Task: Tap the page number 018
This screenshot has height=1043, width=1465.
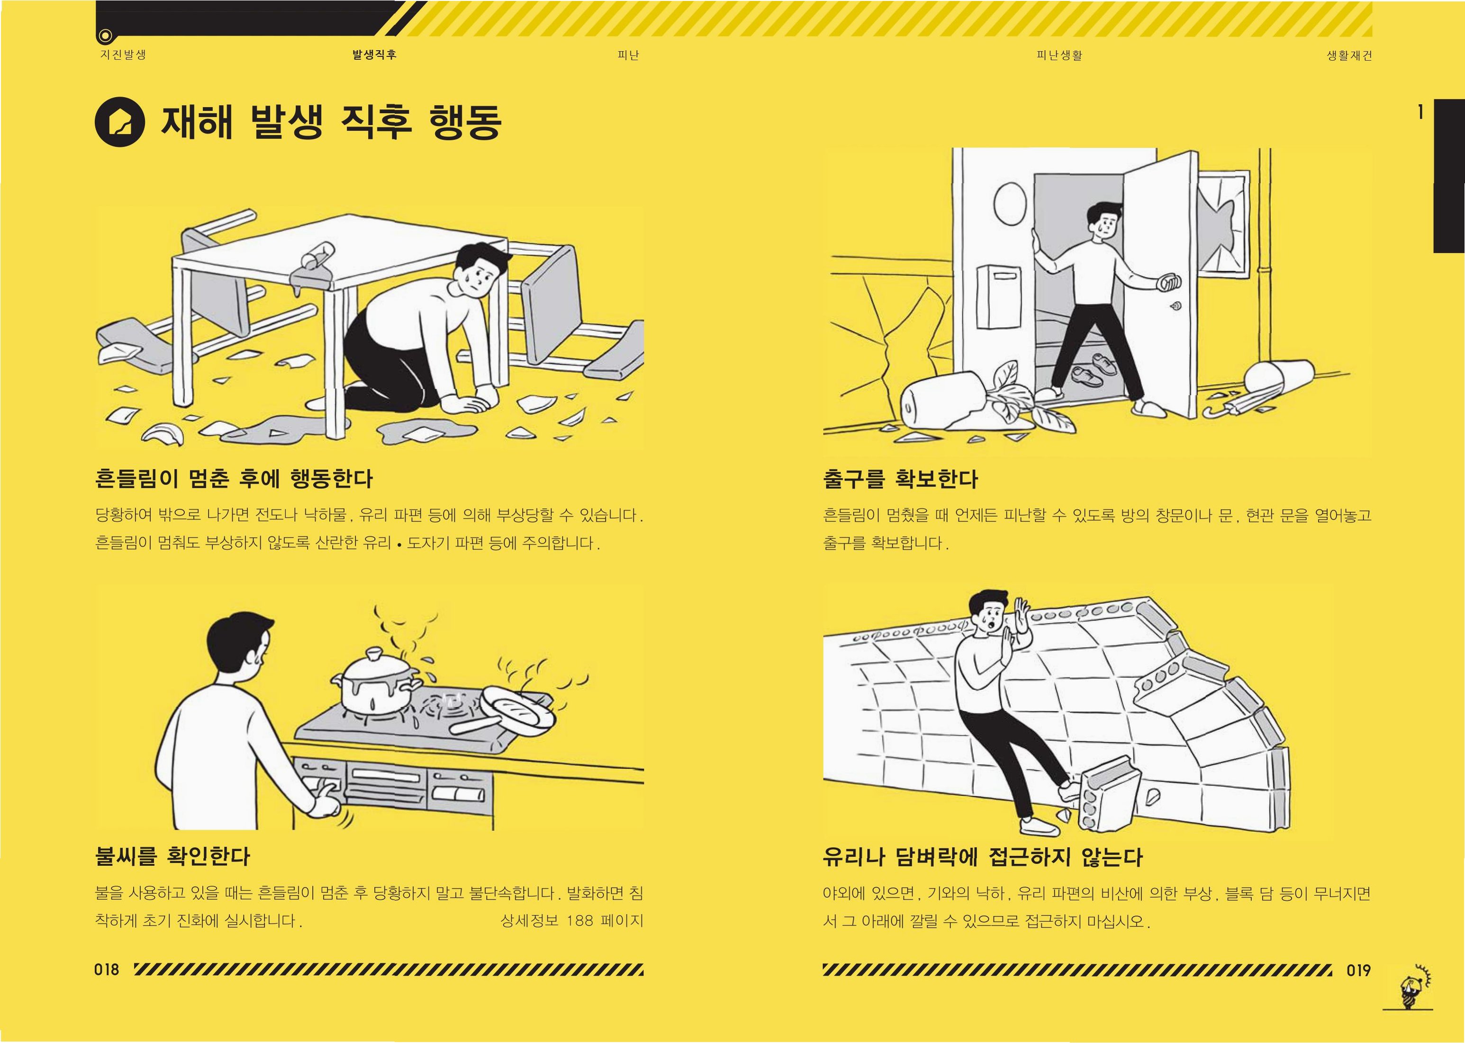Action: click(x=107, y=970)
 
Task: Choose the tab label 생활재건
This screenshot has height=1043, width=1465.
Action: click(x=1349, y=55)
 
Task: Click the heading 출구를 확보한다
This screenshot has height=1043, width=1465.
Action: click(x=900, y=478)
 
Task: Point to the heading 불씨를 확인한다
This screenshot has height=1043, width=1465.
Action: click(x=172, y=855)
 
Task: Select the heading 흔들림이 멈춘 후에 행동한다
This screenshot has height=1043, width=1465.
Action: click(x=234, y=478)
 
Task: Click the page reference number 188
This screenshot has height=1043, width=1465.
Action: click(x=580, y=920)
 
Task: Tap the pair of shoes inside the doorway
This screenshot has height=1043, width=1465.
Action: click(x=1094, y=369)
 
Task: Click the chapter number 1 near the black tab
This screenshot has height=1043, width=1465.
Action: click(x=1420, y=112)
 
